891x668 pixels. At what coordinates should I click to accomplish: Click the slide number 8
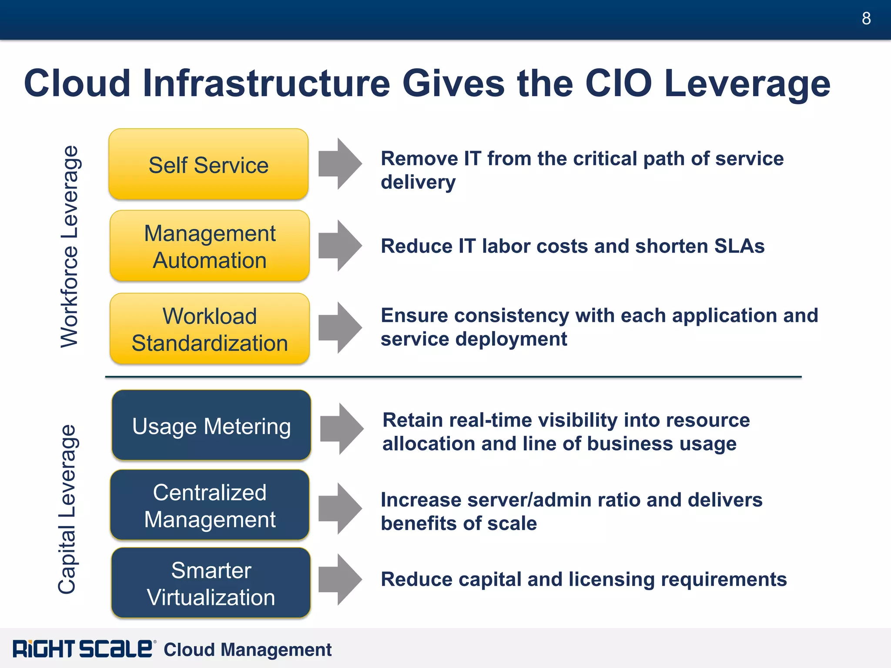click(x=866, y=18)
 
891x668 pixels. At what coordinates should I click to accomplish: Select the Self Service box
click(x=208, y=164)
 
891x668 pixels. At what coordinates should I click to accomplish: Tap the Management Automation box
click(x=210, y=246)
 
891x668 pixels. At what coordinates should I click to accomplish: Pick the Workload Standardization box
click(x=210, y=329)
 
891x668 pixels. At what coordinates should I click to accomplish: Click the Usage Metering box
click(x=211, y=425)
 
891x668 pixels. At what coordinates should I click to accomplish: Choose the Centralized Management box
click(x=210, y=505)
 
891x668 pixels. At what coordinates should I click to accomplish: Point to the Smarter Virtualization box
click(x=211, y=583)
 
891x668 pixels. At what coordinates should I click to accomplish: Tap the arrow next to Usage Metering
click(x=342, y=429)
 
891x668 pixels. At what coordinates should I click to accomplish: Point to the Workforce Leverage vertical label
click(x=70, y=246)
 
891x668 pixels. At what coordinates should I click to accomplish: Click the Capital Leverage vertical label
click(x=67, y=509)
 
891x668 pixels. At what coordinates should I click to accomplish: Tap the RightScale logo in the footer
click(x=83, y=649)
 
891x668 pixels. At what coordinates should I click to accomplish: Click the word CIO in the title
click(x=618, y=83)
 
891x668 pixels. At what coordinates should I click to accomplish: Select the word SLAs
click(x=739, y=246)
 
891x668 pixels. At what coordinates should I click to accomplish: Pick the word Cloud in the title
click(x=77, y=83)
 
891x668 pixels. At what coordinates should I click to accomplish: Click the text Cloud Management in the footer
click(x=248, y=650)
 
